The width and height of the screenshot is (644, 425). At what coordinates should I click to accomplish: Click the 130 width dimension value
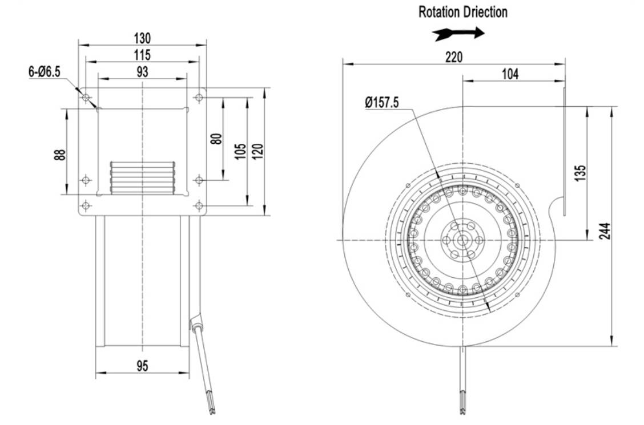coord(142,38)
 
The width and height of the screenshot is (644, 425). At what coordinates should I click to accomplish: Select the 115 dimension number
coord(142,55)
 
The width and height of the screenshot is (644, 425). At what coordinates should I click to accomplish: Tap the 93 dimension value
coord(142,72)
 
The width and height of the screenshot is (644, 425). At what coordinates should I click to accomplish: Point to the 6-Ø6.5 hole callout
coord(45,72)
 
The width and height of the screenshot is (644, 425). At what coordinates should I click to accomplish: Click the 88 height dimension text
coord(59,155)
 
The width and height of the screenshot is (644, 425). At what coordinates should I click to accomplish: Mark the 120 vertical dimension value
coord(257,151)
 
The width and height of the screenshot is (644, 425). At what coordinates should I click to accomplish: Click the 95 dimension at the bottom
coord(142,366)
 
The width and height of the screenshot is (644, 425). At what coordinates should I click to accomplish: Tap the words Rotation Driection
coord(463,12)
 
